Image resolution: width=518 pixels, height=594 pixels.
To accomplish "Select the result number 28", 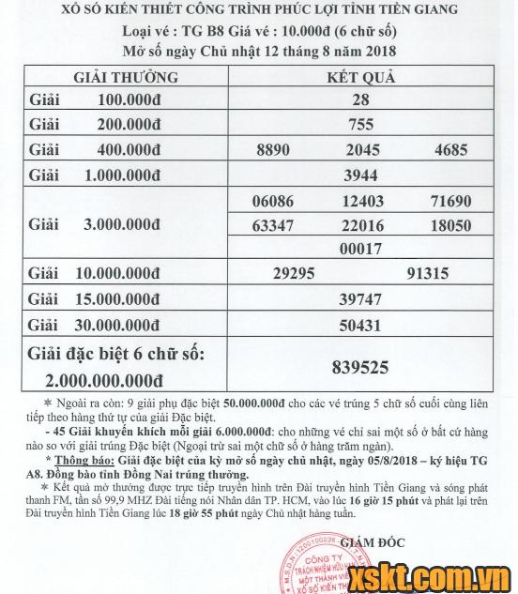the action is (361, 99).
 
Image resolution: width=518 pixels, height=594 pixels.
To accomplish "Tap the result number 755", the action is (361, 124).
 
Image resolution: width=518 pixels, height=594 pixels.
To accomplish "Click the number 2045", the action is (361, 149).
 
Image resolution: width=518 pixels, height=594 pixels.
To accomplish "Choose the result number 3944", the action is (361, 175).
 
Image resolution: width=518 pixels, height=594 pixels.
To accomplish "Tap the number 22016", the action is (362, 226).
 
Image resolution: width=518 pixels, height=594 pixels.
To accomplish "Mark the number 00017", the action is (362, 250).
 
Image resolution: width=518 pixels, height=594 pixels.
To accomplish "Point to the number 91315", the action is (429, 273).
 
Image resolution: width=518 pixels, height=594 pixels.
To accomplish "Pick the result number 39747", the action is (361, 298).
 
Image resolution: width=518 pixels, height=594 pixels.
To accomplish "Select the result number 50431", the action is (361, 324).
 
